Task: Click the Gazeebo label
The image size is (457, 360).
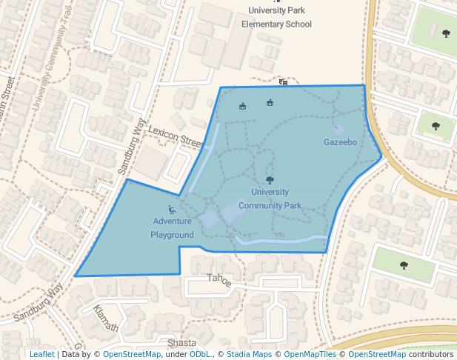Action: (341, 141)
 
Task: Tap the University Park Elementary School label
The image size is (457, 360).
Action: (277, 17)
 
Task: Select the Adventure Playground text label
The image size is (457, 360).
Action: (173, 227)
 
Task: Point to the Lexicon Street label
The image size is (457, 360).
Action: (176, 135)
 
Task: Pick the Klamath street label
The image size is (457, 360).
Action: (106, 318)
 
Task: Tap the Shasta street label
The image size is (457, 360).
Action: (181, 343)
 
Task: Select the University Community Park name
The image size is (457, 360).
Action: (270, 199)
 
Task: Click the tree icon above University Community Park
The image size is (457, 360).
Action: (270, 179)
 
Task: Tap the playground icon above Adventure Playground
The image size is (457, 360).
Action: (172, 210)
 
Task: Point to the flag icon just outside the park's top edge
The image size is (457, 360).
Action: (283, 82)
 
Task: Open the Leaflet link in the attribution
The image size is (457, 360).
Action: (42, 354)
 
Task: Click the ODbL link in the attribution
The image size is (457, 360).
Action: (200, 354)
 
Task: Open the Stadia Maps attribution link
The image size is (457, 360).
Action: (250, 354)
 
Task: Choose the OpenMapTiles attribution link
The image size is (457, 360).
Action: (310, 354)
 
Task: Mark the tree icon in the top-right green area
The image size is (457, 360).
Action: (447, 33)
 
